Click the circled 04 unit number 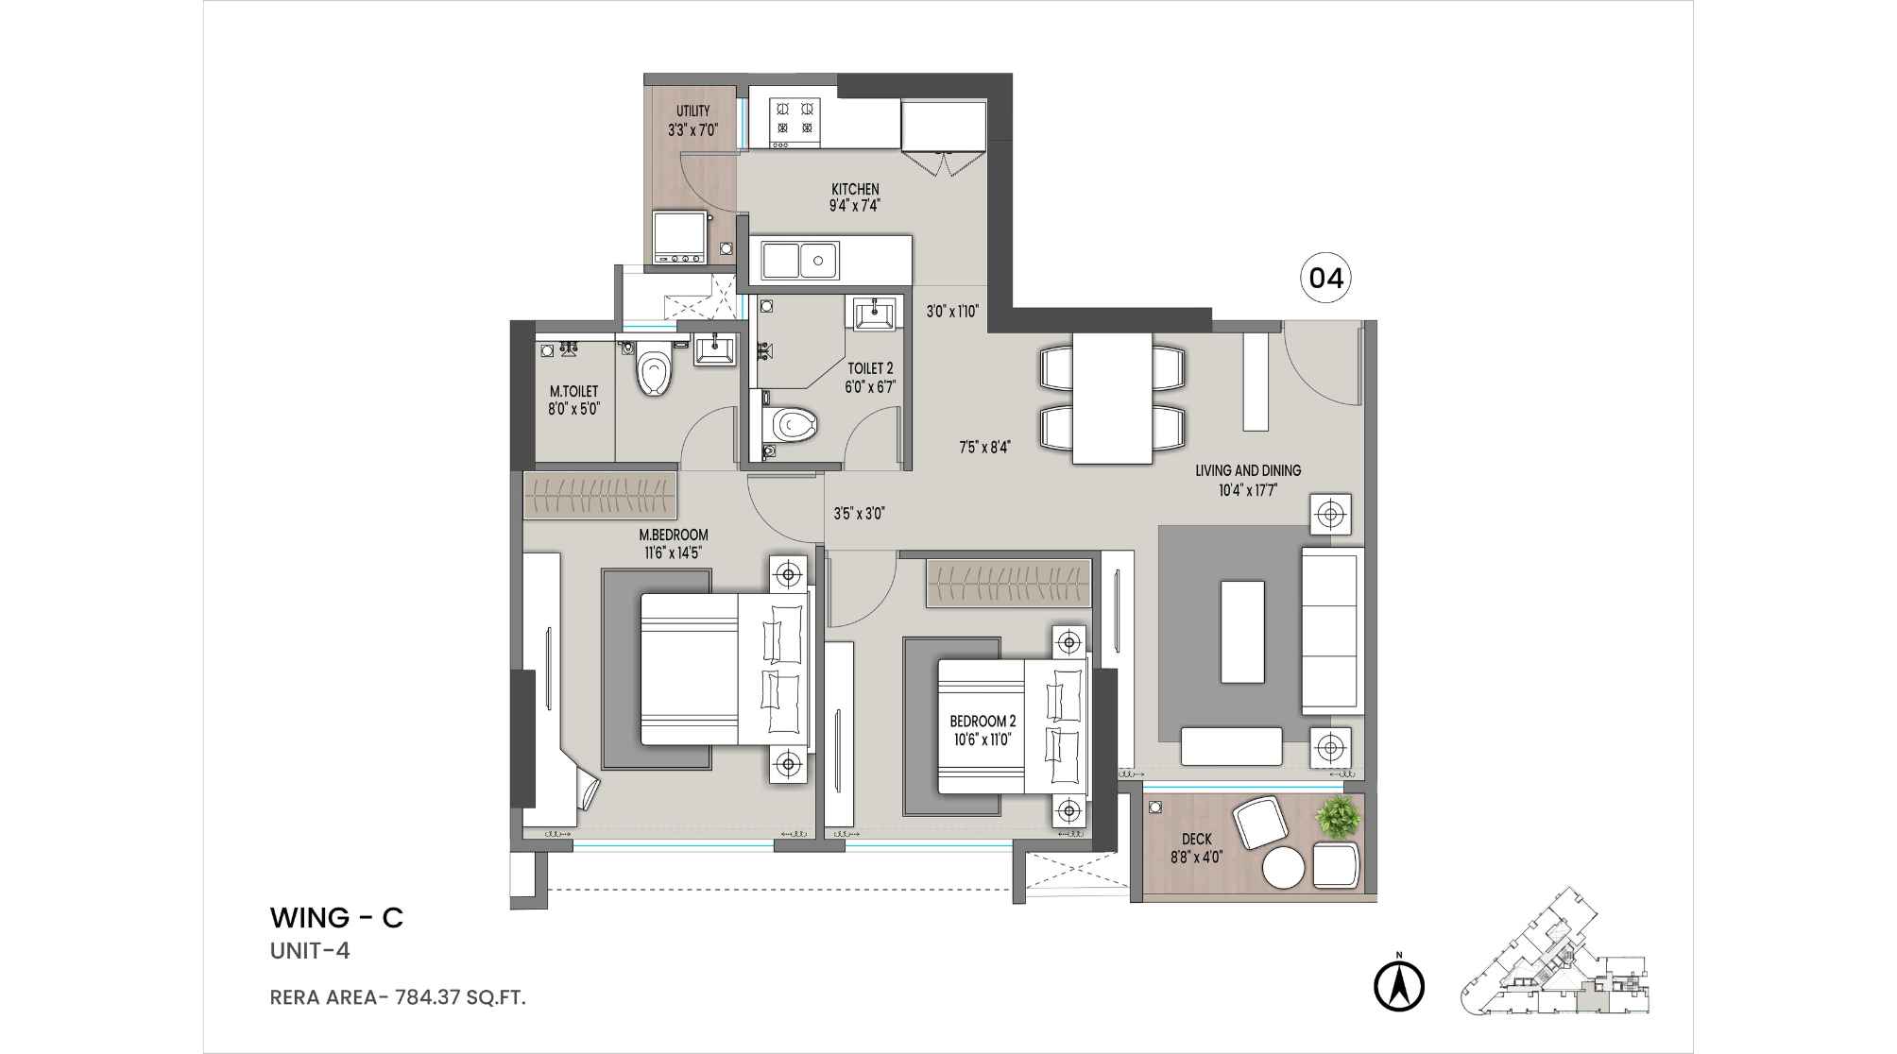coord(1325,279)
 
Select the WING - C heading coord(336,918)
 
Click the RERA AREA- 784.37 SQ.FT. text coord(398,996)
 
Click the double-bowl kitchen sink coord(799,260)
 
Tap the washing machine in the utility coord(679,237)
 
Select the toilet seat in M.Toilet coord(653,371)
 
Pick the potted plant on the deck coord(1339,817)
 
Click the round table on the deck coord(1285,867)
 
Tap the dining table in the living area coord(1112,398)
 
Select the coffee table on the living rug coord(1242,631)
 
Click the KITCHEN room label coord(855,190)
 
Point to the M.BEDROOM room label coord(674,535)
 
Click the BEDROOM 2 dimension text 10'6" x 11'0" coord(983,739)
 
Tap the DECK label coord(1196,840)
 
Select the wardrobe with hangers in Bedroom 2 coord(1008,584)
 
